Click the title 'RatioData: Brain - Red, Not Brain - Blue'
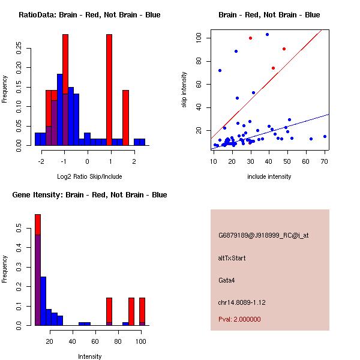pyautogui.click(x=89, y=15)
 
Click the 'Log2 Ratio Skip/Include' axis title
pyautogui.click(x=89, y=176)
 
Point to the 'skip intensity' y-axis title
pyautogui.click(x=184, y=90)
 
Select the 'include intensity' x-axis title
pyautogui.click(x=269, y=176)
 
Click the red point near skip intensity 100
pyautogui.click(x=250, y=38)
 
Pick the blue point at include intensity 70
pyautogui.click(x=325, y=136)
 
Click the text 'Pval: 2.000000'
pyautogui.click(x=240, y=319)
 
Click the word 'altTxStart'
pyautogui.click(x=232, y=258)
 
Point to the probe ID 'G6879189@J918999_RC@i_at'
pyautogui.click(x=263, y=236)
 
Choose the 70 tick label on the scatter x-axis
pyautogui.click(x=325, y=161)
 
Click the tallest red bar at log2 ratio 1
pyautogui.click(x=109, y=89)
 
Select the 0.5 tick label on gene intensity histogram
pyautogui.click(x=20, y=229)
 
